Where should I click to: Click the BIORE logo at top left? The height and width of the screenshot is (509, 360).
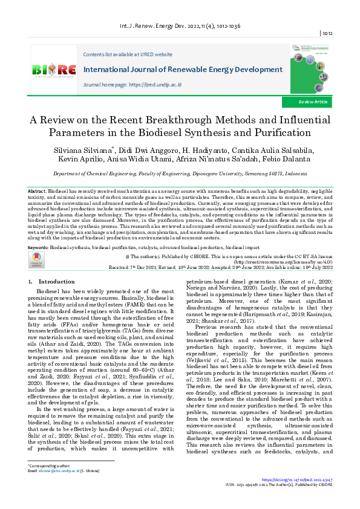click(54, 71)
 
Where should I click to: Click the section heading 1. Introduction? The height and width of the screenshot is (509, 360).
click(52, 282)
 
